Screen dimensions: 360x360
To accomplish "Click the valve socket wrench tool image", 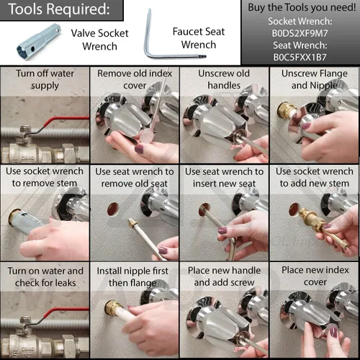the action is (38, 42).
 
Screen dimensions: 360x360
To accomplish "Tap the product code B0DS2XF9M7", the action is (300, 33).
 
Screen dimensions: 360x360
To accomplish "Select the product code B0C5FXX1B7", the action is (300, 58).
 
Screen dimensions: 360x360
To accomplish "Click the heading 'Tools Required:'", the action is (59, 9).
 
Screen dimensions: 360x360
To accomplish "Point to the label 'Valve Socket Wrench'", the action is (99, 40).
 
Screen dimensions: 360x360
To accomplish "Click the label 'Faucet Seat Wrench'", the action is (199, 38).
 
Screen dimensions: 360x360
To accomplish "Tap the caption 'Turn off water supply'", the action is (45, 79).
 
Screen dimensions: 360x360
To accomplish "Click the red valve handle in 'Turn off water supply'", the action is (65, 121).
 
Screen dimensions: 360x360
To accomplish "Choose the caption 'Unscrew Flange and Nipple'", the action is (315, 79).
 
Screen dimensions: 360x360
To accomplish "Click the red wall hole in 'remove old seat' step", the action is (113, 209).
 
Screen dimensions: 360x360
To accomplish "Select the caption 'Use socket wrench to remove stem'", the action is (45, 177).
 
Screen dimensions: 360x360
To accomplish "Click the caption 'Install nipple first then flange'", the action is (132, 276).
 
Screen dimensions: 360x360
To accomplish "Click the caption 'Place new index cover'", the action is (315, 276).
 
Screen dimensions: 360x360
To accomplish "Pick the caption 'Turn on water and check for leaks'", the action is (45, 276).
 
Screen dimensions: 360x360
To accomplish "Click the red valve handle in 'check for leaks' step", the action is (65, 312).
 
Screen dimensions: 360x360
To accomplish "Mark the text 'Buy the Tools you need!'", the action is (302, 8).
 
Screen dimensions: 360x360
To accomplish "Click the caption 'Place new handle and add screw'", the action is (224, 276).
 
